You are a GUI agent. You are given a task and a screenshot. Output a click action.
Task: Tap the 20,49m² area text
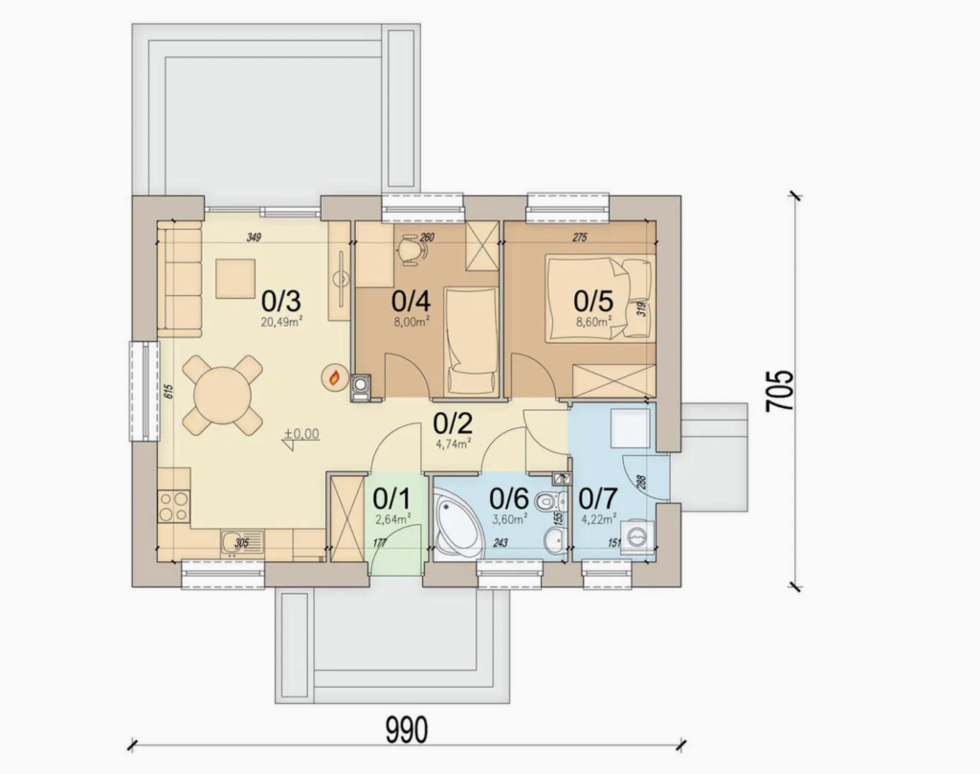(282, 323)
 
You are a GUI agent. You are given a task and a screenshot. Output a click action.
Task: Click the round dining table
(223, 394)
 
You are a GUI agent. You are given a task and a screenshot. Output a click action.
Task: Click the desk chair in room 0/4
(412, 249)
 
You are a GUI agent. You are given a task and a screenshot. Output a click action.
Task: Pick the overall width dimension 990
(406, 730)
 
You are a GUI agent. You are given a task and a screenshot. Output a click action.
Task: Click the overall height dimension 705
(781, 390)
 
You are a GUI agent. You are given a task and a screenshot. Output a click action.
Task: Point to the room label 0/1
(390, 498)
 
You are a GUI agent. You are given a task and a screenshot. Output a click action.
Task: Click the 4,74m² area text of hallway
(454, 444)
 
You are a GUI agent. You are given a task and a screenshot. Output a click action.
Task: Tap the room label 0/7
(600, 498)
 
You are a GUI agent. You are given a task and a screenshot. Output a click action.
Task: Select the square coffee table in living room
(234, 279)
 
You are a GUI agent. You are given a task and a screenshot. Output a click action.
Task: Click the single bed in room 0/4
(471, 341)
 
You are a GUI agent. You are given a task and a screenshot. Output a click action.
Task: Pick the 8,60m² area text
(593, 323)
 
